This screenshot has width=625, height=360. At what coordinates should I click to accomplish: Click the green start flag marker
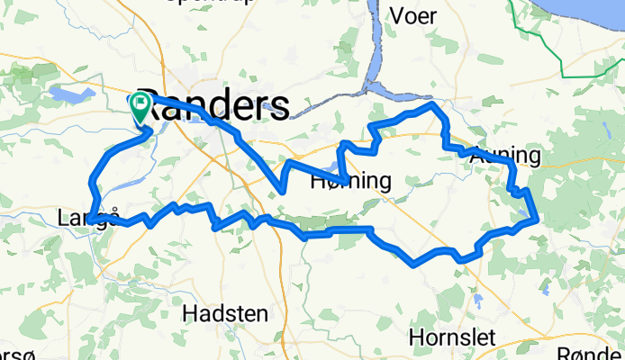tap(141, 107)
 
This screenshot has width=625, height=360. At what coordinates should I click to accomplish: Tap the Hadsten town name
tap(224, 314)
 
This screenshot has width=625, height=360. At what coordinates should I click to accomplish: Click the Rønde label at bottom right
tap(590, 354)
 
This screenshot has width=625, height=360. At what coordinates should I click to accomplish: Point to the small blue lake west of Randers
tap(68, 93)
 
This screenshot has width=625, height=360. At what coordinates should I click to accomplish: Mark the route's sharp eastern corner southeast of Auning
tap(537, 218)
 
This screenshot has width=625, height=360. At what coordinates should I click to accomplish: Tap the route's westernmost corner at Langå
tap(89, 220)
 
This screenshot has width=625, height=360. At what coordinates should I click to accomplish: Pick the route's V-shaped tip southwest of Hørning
tap(283, 191)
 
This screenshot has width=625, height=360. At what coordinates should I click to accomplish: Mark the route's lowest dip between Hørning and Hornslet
tap(413, 265)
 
